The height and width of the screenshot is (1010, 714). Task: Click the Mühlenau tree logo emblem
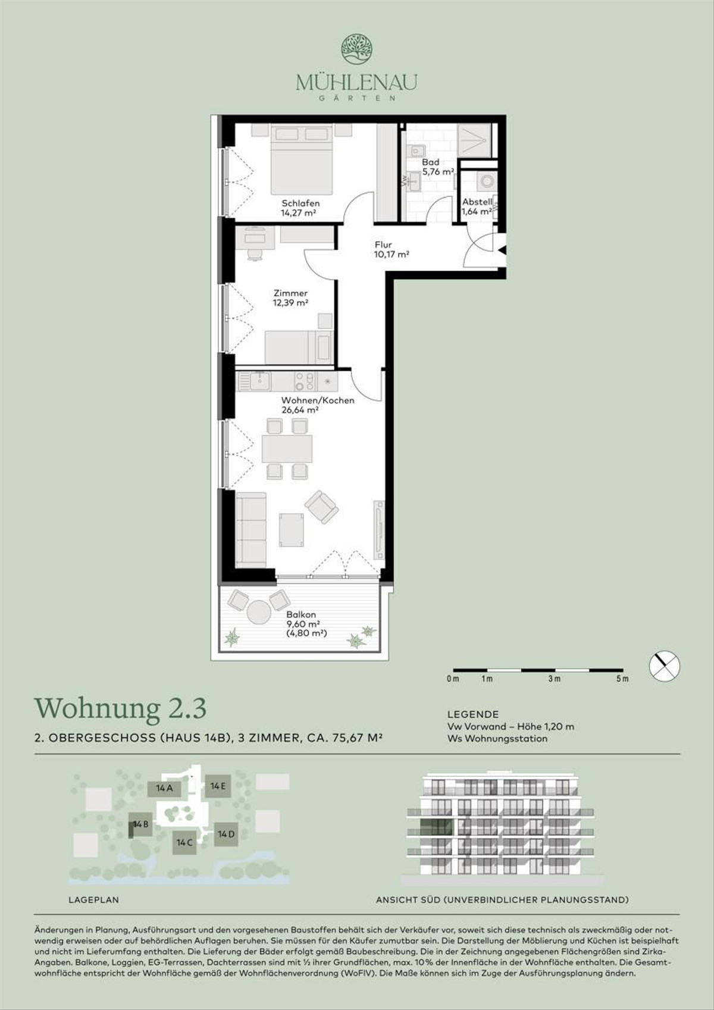tap(356, 50)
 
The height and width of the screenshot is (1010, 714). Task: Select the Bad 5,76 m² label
tap(437, 167)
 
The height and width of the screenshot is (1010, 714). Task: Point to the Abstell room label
tap(477, 202)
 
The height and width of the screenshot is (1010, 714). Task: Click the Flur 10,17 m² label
tap(392, 249)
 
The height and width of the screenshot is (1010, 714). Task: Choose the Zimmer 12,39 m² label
tap(290, 297)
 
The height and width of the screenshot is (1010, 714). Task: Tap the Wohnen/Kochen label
tap(318, 400)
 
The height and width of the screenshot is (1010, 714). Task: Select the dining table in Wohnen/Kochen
tap(287, 448)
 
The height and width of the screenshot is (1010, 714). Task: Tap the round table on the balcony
tap(259, 612)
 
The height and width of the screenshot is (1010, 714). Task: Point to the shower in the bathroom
tap(474, 140)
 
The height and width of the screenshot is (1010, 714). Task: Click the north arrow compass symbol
tap(665, 665)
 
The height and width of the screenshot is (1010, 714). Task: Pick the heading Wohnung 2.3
tap(121, 708)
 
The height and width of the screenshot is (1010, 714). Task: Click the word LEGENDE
tap(473, 714)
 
